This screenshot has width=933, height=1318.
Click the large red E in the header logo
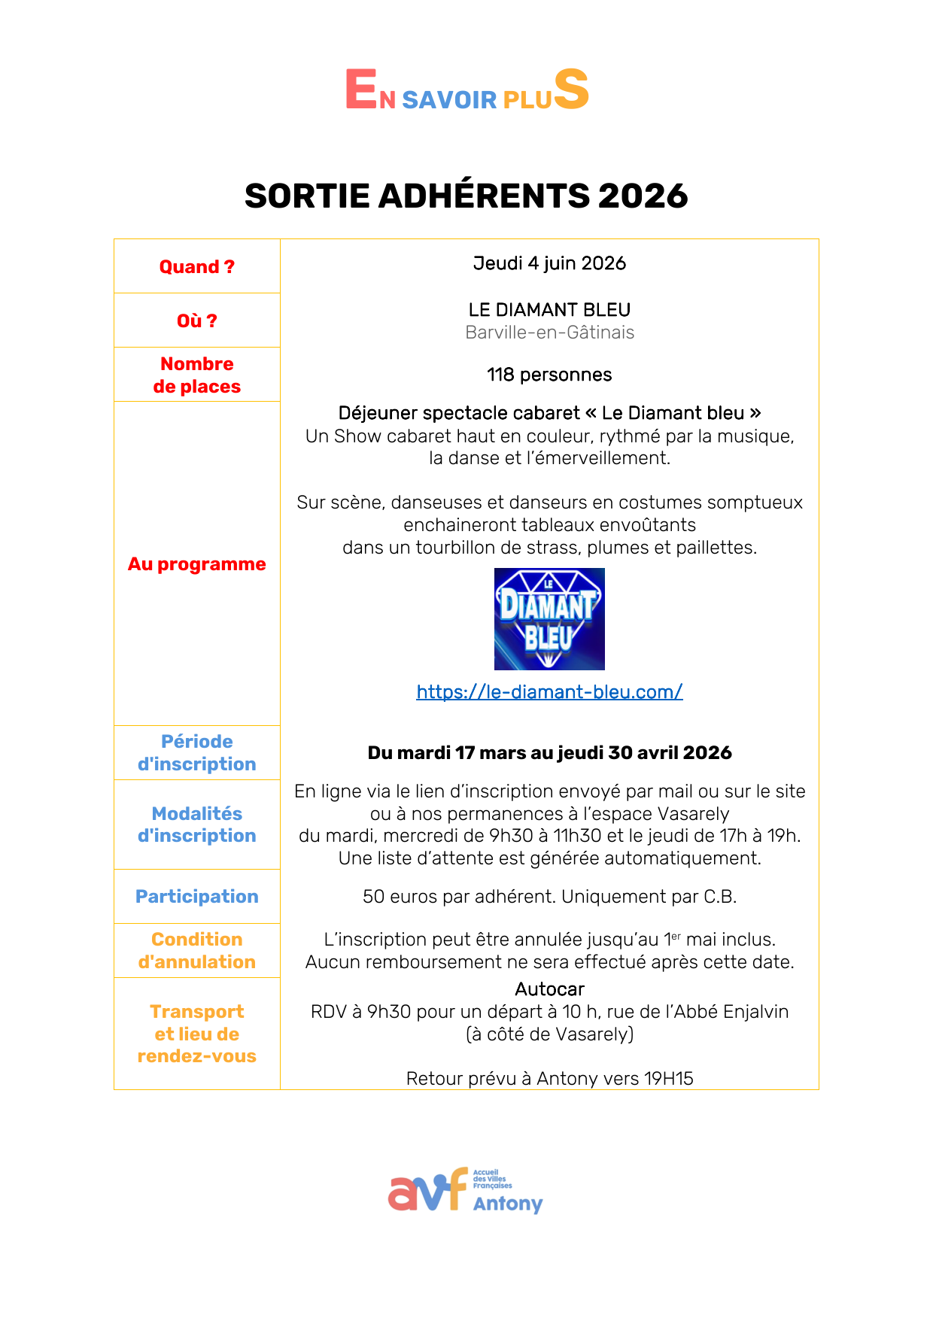click(360, 90)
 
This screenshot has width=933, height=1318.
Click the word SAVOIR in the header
click(449, 100)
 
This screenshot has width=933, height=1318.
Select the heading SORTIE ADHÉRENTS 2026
click(466, 196)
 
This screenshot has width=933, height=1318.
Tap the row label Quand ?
click(196, 267)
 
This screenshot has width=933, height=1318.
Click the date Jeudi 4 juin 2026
click(549, 263)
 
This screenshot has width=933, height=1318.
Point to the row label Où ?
click(196, 321)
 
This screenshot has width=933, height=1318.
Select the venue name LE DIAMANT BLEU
click(549, 310)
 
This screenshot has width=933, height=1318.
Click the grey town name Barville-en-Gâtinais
click(549, 333)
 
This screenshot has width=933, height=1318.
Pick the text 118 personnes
click(549, 375)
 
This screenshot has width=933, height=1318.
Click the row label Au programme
click(196, 564)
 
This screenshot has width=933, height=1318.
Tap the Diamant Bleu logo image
click(549, 619)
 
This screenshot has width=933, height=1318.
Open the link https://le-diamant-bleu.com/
click(549, 692)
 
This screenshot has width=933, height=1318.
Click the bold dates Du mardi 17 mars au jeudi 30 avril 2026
click(549, 753)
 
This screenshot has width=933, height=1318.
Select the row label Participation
click(196, 897)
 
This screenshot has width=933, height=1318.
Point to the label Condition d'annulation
click(196, 951)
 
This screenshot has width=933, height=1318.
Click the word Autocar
click(549, 989)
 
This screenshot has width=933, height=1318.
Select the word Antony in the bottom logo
click(508, 1204)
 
